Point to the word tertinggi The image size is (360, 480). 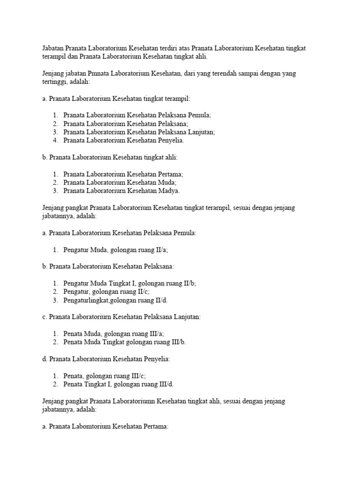(54, 82)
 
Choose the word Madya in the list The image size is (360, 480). (168, 191)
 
